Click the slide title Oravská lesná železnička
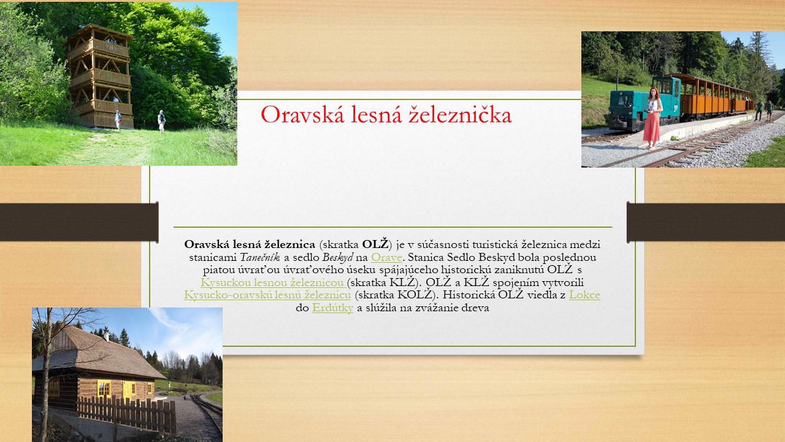[x=386, y=114]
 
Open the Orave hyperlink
[x=386, y=257]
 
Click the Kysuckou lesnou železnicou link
[x=274, y=282]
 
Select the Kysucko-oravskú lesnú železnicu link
[x=267, y=295]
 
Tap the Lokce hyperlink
[x=584, y=295]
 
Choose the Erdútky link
[x=332, y=308]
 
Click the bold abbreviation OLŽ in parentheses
[x=375, y=244]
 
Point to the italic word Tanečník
[x=259, y=257]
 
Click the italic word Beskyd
[x=337, y=257]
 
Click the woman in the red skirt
[x=653, y=118]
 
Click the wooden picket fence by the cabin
[x=126, y=414]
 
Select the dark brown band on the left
[x=79, y=222]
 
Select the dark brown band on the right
[x=706, y=222]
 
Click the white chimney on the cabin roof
[x=107, y=336]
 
